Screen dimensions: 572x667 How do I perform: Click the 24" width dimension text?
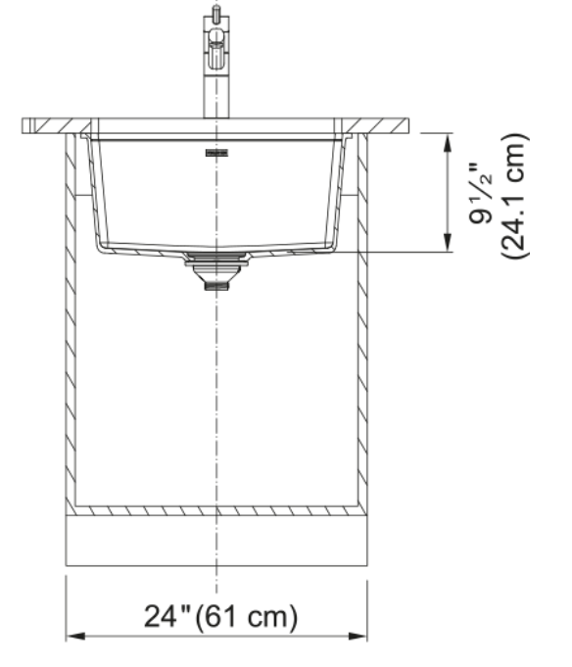tap(167, 616)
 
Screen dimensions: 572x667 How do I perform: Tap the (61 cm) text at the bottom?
tap(246, 617)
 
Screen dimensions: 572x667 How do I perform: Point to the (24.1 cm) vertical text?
tap(514, 196)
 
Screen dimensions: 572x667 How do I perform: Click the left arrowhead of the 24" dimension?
tap(75, 637)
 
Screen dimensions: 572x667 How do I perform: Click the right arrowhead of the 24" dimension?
tap(357, 637)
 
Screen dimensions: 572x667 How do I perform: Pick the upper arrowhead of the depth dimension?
tap(448, 142)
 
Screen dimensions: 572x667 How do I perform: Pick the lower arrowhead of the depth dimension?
tap(448, 243)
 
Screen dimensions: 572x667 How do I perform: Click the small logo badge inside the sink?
tap(216, 153)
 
